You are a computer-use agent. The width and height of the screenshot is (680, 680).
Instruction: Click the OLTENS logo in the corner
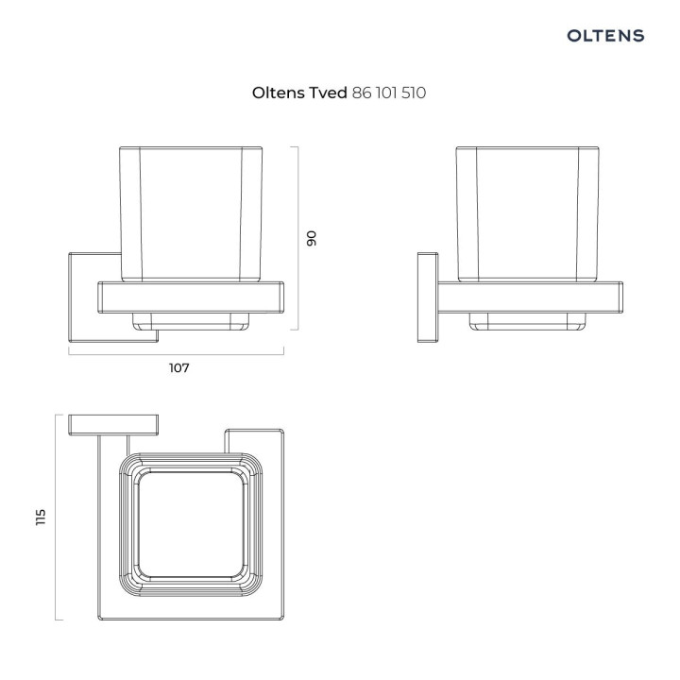click(x=605, y=36)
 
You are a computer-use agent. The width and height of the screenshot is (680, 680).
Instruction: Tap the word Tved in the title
click(x=326, y=93)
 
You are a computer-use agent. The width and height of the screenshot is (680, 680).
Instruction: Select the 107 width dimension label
click(x=179, y=368)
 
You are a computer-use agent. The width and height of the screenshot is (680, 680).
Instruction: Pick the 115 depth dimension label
click(x=41, y=518)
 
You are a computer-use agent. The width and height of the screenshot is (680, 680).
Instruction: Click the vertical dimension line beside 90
click(x=298, y=238)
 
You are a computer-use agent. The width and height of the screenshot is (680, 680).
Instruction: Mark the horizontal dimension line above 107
click(x=177, y=352)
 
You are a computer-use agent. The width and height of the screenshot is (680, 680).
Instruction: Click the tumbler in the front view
click(x=192, y=212)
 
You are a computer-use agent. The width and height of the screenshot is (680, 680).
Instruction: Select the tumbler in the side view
click(x=528, y=212)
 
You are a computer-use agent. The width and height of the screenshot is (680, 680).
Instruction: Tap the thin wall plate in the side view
click(x=428, y=298)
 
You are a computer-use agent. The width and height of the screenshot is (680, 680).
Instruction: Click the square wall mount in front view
click(x=83, y=298)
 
